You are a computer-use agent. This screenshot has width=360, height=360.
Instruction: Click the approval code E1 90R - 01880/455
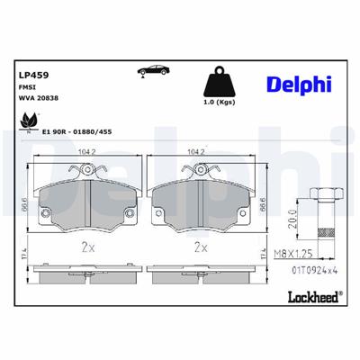(76, 132)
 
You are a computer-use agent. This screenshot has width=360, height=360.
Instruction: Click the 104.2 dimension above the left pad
(88, 152)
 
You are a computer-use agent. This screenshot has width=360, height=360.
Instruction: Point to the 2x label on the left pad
(88, 246)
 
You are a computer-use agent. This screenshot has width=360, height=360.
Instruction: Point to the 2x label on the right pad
(201, 246)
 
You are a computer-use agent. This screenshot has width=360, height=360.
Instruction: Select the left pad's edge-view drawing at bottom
(88, 269)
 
